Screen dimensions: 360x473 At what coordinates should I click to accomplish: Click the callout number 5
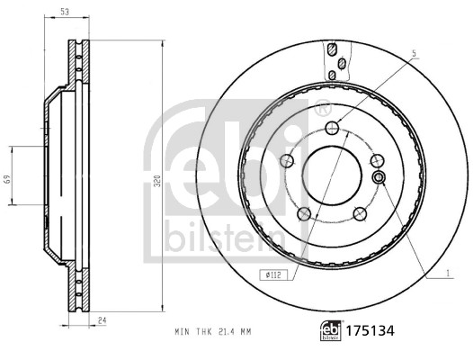pos(413,55)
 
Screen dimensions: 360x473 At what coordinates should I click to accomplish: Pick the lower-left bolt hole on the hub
pos(304,213)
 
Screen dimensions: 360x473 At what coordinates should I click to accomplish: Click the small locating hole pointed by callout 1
pos(379,177)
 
